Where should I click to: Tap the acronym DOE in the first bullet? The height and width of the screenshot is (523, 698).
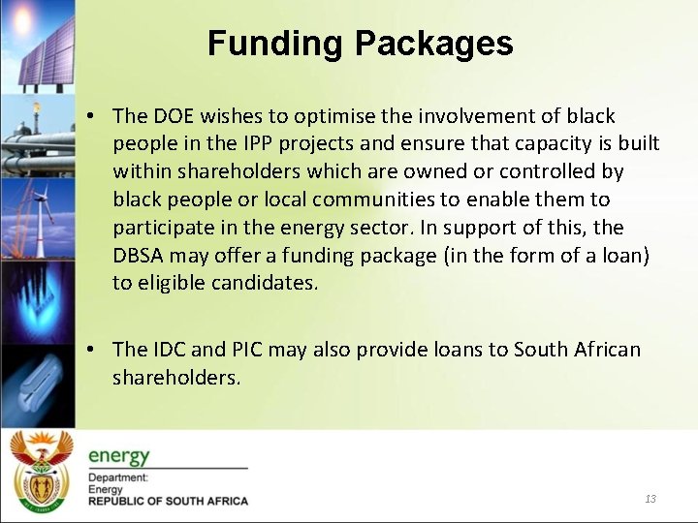(x=172, y=116)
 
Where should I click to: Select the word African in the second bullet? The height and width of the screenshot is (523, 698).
(x=602, y=350)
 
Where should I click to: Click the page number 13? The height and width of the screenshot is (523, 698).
(x=650, y=499)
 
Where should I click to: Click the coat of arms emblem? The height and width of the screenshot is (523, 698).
(x=41, y=474)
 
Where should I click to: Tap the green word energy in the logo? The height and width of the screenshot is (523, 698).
(x=119, y=455)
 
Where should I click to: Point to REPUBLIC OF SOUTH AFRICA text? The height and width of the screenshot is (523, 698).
(x=168, y=502)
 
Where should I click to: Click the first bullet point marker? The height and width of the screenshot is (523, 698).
(x=89, y=116)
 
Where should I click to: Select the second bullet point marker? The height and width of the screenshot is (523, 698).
(x=89, y=350)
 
